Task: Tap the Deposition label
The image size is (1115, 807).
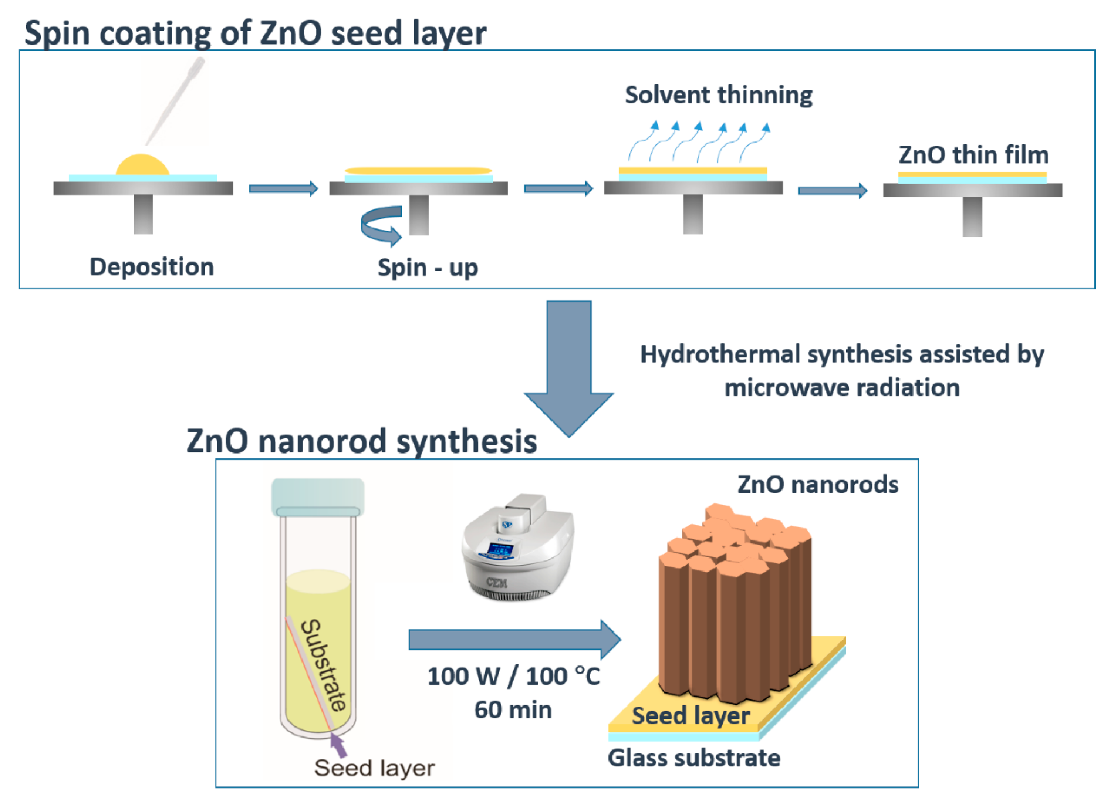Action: [151, 267]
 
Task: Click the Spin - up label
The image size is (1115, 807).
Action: [427, 268]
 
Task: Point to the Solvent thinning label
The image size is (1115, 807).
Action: [718, 95]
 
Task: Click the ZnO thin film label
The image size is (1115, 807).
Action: [973, 155]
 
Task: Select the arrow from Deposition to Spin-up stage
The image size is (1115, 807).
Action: [283, 188]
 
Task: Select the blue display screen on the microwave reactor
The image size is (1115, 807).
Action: [500, 549]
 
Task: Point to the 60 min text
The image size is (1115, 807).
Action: [513, 710]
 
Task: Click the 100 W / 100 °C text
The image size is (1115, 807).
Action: [513, 676]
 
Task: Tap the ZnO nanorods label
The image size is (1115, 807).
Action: [818, 485]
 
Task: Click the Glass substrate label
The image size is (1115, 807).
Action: [694, 758]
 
